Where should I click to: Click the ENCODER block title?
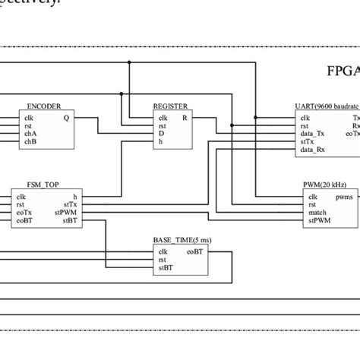tap(44, 107)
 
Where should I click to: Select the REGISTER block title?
tap(170, 107)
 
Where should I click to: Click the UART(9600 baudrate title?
tap(327, 107)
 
